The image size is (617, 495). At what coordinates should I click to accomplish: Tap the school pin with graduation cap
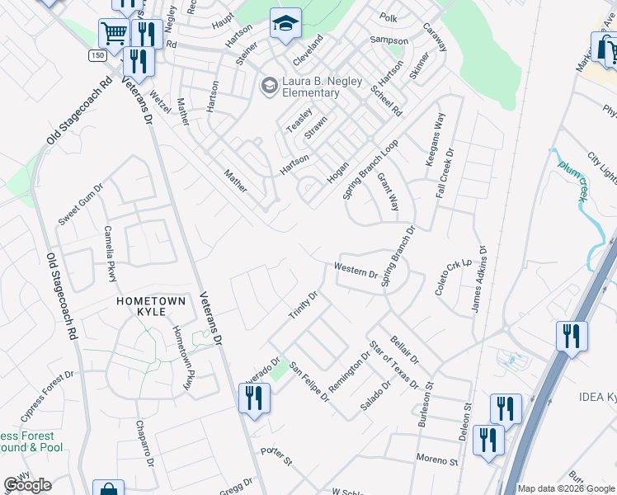pos(285,25)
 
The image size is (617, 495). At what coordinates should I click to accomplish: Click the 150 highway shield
pos(97,55)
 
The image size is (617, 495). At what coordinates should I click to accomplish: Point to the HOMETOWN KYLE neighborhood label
pos(151,301)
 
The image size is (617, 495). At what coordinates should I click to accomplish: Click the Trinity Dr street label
pos(303,307)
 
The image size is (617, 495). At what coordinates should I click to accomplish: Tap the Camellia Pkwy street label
pos(111,252)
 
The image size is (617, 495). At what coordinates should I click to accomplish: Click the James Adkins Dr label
pos(479,279)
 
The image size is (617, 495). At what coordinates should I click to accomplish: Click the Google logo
pos(28,485)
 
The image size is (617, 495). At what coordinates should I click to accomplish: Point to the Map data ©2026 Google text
pos(566,488)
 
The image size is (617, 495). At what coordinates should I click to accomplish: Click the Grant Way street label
pos(388,191)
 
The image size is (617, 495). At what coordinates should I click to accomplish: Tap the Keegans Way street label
pos(436,140)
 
